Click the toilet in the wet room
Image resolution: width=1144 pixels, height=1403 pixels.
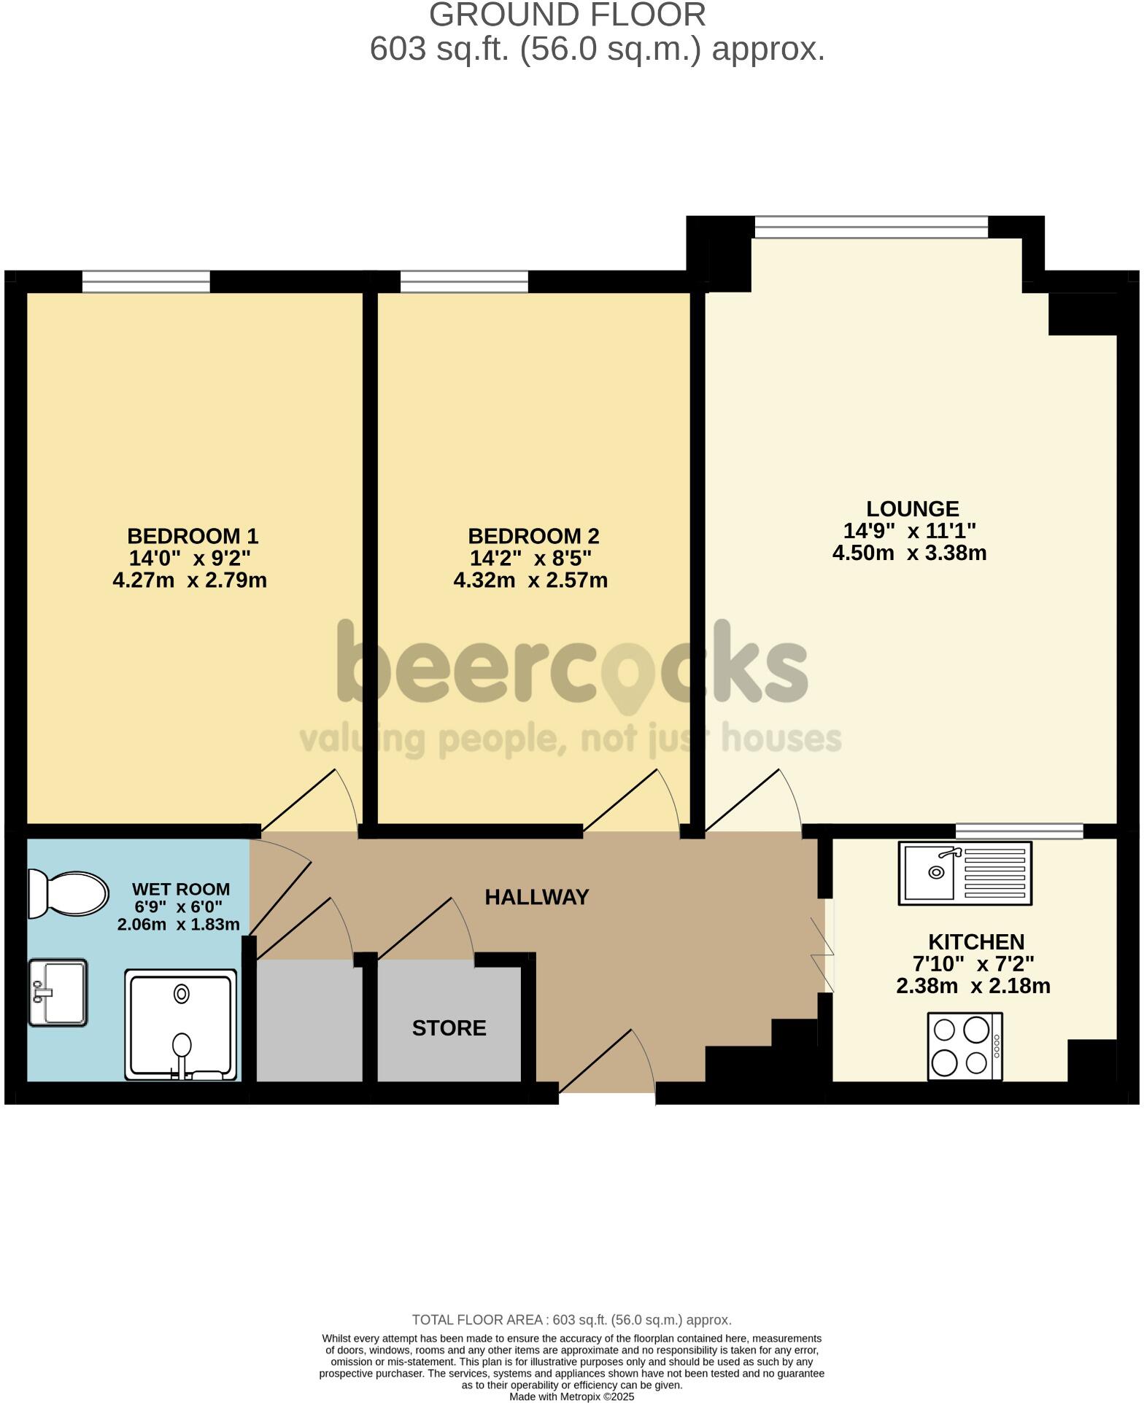click(x=67, y=893)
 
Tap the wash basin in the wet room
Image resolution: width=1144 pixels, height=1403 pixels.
click(x=58, y=992)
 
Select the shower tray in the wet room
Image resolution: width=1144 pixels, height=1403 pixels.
click(x=182, y=1024)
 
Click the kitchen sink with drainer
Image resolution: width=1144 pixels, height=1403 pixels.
click(x=965, y=873)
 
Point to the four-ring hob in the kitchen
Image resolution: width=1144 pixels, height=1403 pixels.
click(x=965, y=1046)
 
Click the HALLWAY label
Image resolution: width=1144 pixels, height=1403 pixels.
click(x=536, y=897)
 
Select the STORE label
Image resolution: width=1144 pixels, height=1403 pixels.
click(x=449, y=1027)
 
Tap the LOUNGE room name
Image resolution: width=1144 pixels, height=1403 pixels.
click(x=912, y=508)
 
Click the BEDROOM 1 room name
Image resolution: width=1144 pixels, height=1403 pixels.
click(x=193, y=536)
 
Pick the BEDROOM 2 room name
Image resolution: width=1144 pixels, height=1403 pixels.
click(x=533, y=536)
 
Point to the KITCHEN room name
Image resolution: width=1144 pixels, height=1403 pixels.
click(x=975, y=941)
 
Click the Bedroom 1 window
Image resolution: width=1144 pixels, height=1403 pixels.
click(x=146, y=281)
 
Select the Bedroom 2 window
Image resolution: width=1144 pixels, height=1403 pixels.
click(x=464, y=281)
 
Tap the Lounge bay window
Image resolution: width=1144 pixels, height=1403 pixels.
click(x=871, y=227)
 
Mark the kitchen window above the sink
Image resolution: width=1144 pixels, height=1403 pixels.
click(x=1019, y=830)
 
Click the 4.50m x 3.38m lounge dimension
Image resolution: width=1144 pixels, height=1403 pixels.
click(x=909, y=553)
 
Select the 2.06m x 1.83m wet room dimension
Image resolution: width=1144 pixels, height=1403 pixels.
click(x=179, y=925)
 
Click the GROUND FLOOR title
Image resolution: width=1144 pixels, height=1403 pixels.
click(x=567, y=15)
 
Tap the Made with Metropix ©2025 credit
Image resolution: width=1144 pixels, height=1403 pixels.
click(x=571, y=1396)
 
